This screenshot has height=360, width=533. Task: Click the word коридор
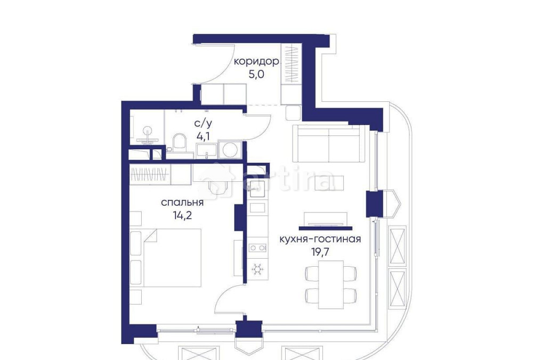(x=257, y=62)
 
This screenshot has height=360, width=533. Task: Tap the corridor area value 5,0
(x=257, y=75)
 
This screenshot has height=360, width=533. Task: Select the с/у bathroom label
(x=203, y=123)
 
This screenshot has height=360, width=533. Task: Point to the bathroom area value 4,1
(x=203, y=136)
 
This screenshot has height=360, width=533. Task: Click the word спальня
(x=182, y=203)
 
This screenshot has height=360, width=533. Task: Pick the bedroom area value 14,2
(x=182, y=215)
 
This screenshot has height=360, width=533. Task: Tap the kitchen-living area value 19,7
(x=320, y=252)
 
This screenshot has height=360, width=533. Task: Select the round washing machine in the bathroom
(x=230, y=150)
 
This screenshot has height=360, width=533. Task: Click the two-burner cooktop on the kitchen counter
(x=257, y=248)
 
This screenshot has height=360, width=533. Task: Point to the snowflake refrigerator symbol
(x=257, y=269)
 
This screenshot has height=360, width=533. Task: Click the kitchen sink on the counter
(x=256, y=188)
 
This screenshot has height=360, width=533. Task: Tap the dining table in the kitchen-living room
(x=331, y=284)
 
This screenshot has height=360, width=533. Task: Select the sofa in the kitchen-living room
(x=328, y=143)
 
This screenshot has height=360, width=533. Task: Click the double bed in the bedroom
(x=172, y=258)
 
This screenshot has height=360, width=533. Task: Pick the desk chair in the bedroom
(x=218, y=186)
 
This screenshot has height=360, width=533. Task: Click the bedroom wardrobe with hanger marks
(x=150, y=174)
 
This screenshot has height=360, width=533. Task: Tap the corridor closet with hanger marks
(x=292, y=65)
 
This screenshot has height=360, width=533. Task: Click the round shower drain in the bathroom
(x=147, y=130)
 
